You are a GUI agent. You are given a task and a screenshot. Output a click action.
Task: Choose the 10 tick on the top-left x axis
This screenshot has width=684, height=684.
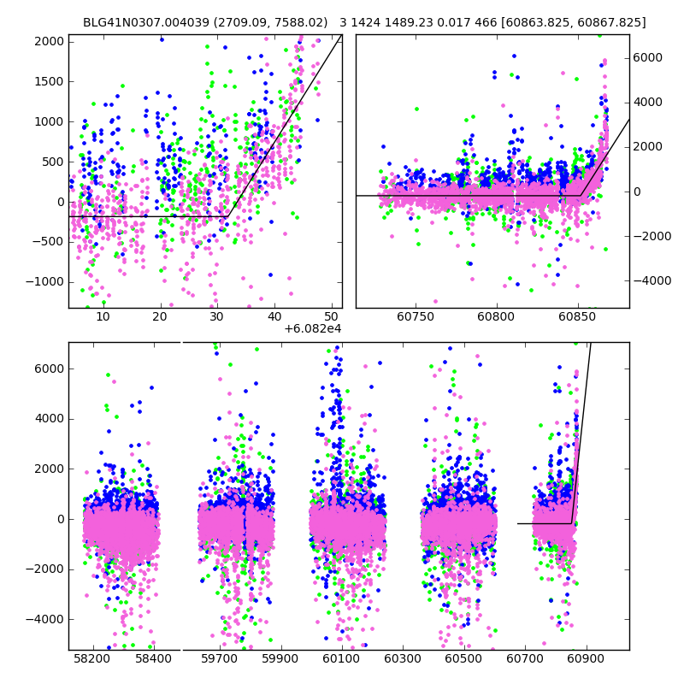[103, 317]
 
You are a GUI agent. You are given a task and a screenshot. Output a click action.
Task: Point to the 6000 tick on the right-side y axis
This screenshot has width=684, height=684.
[647, 57]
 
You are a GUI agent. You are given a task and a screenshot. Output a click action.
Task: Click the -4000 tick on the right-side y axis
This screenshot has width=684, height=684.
[650, 280]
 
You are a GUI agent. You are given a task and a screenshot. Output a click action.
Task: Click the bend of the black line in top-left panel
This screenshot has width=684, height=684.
[227, 216]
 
